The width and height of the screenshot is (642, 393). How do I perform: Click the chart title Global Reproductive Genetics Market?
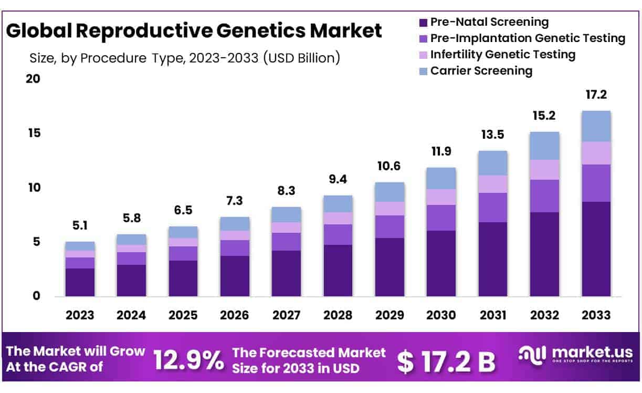pos(194,31)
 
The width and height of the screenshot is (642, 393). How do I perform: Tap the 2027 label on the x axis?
pos(286,315)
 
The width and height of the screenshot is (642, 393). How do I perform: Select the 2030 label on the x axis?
pos(441,315)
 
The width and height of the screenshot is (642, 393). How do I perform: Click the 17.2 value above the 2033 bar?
pos(596,95)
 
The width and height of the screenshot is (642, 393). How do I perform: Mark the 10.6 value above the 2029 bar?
pos(390,167)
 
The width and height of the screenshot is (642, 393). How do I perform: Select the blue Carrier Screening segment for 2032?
pos(544,146)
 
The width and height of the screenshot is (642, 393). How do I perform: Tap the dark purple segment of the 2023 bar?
pos(80,282)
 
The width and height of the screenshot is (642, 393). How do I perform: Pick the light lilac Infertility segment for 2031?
pos(492,184)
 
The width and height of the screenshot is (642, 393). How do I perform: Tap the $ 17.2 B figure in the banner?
pos(446,361)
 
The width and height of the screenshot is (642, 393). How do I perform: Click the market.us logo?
pos(575,356)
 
